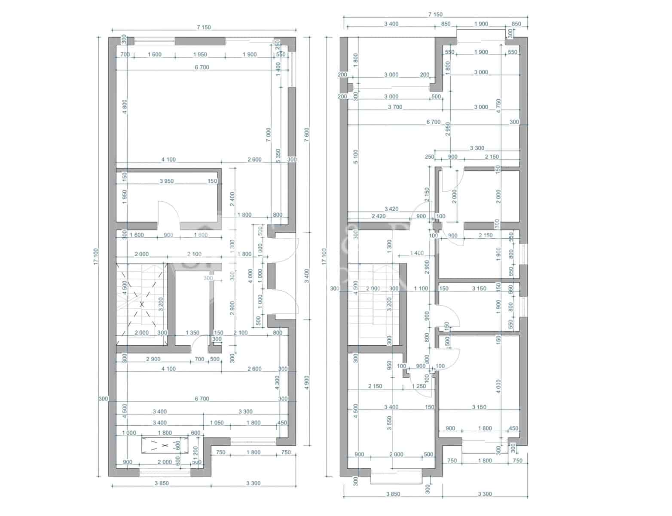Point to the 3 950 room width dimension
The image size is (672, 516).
click(x=167, y=181)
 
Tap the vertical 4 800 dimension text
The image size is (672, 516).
click(x=125, y=107)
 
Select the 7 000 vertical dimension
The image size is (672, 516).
click(x=269, y=135)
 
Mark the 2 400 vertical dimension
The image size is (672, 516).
click(x=232, y=198)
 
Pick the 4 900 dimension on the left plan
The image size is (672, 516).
click(x=307, y=382)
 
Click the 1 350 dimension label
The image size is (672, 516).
click(x=192, y=332)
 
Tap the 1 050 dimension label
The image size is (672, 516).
click(x=217, y=423)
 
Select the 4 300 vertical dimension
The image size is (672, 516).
click(x=277, y=382)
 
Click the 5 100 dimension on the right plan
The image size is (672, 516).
click(x=355, y=157)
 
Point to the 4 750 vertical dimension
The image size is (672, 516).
click(x=498, y=106)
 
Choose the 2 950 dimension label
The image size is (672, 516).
click(x=448, y=129)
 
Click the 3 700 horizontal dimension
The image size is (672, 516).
click(x=395, y=107)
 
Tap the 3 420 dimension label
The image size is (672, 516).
click(x=391, y=209)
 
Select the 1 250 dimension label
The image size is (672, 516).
click(x=419, y=386)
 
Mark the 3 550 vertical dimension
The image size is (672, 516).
click(x=389, y=423)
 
